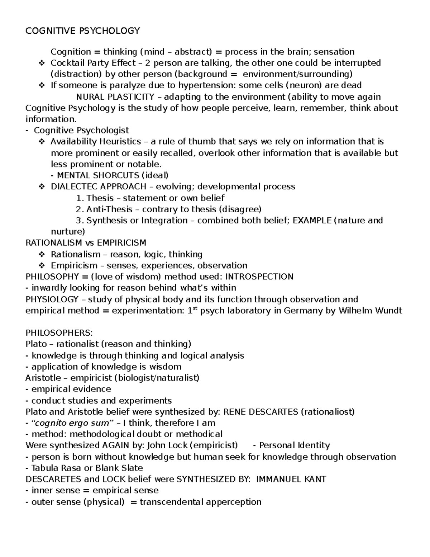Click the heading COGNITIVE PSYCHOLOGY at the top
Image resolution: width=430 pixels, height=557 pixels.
(83, 31)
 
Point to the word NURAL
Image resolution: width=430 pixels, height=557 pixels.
(89, 97)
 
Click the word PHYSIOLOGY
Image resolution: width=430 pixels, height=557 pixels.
(52, 299)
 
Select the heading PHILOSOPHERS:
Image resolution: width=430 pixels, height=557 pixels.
(59, 333)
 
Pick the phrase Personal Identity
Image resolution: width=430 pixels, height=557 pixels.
(294, 445)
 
